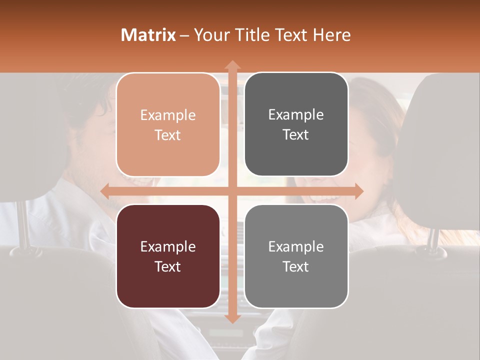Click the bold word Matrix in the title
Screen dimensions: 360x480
[x=148, y=35]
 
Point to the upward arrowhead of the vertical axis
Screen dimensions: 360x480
[x=232, y=65]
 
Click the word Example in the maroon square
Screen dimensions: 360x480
[x=168, y=247]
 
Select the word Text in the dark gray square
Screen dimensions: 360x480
[x=296, y=135]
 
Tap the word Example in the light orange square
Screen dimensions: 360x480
[x=168, y=115]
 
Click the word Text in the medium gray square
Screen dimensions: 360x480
[x=296, y=267]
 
